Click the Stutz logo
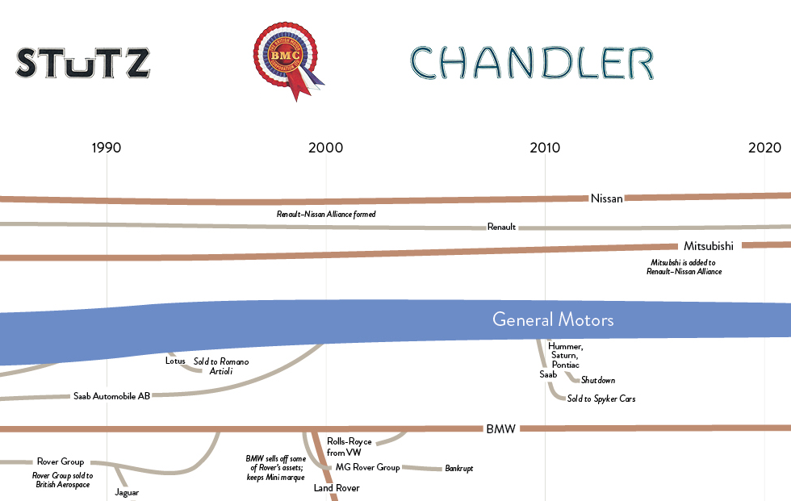point(83,63)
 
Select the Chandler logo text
point(531,63)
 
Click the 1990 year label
point(107,148)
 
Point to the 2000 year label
point(325,148)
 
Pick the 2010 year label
point(545,148)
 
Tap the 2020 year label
point(764,148)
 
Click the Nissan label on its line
point(607,198)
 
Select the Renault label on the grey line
point(501,228)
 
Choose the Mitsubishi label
point(708,245)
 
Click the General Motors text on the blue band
point(553,320)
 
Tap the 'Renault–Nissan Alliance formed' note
point(326,215)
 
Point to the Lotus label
point(175,361)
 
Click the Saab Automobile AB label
point(111,396)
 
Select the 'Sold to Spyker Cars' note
point(601,399)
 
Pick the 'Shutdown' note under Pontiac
point(598,380)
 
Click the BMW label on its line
point(500,428)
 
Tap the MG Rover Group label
point(367,467)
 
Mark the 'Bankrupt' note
point(458,468)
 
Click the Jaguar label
point(128,491)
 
